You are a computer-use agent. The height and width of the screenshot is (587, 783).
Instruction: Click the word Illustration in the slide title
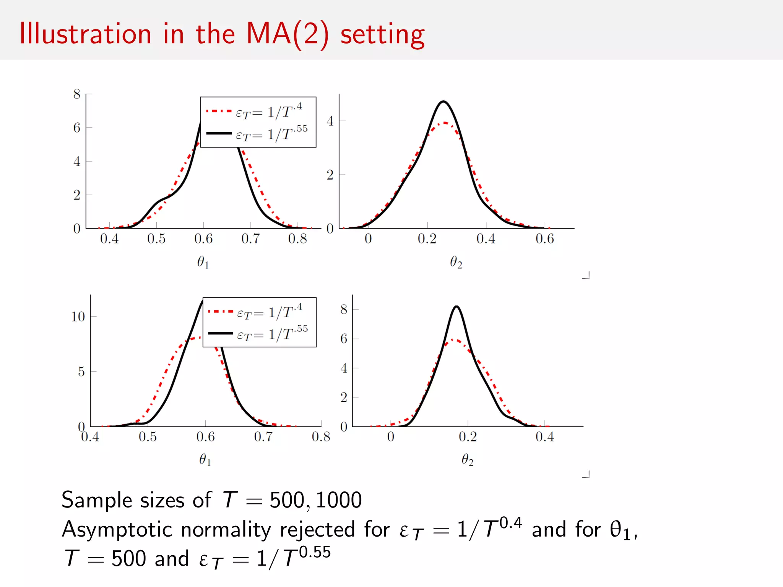click(85, 34)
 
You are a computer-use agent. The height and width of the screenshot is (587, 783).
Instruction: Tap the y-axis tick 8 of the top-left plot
click(77, 94)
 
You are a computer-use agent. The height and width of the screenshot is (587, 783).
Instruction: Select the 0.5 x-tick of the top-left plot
click(156, 239)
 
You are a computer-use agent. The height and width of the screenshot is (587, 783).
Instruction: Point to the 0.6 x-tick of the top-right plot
click(544, 239)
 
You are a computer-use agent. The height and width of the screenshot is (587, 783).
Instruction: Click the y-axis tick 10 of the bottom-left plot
click(78, 316)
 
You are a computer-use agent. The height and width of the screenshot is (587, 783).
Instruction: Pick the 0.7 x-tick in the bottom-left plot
click(263, 437)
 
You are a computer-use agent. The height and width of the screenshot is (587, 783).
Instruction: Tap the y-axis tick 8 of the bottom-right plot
click(344, 309)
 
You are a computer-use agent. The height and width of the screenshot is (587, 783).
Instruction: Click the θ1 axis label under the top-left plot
click(203, 262)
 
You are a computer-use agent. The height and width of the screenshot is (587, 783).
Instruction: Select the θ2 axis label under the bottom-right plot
click(467, 460)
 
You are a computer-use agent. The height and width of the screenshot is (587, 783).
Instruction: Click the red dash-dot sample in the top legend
click(219, 111)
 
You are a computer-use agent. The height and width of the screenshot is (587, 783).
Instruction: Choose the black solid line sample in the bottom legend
click(220, 334)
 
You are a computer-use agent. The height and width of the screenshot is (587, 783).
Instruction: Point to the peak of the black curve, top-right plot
click(443, 102)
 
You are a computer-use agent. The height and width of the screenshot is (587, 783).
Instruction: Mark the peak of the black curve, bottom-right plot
click(456, 306)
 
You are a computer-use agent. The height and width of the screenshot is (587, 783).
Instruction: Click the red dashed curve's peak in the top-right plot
click(445, 123)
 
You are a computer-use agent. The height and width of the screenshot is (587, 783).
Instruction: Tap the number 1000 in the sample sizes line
click(339, 500)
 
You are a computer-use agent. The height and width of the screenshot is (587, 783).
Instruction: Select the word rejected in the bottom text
click(317, 530)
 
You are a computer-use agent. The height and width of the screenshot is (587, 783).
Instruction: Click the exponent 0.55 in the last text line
click(315, 552)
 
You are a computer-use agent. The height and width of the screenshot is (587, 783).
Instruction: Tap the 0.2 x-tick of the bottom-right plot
click(468, 437)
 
